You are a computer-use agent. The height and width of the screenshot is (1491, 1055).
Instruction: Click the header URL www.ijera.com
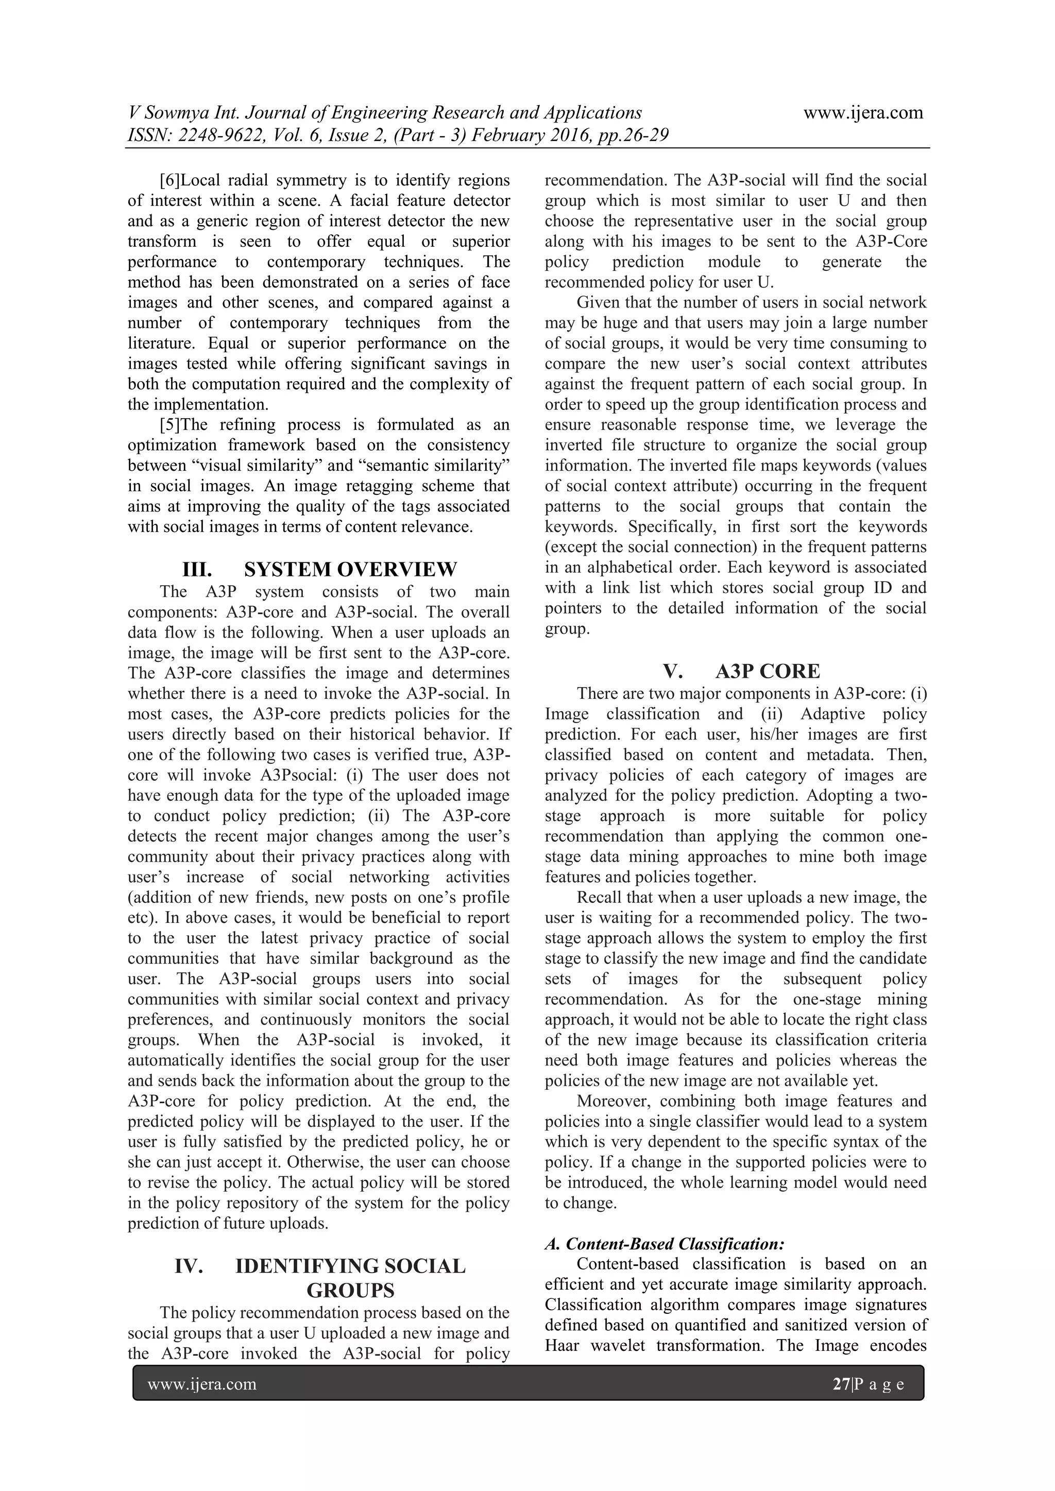863,113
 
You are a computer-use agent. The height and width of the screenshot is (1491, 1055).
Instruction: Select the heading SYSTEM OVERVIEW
350,570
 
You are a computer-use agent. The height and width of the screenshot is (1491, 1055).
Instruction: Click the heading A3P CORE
768,671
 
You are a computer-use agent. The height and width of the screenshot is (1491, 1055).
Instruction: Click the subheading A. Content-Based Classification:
665,1244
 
